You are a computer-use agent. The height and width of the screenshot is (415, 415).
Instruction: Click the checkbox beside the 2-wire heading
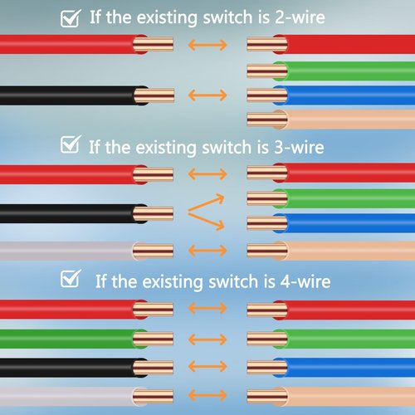(71, 18)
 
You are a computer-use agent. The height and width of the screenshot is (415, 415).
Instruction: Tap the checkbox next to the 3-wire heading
(71, 144)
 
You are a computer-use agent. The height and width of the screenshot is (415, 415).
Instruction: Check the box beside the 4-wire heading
(71, 278)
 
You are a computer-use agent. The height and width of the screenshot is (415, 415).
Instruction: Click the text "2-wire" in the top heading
(300, 17)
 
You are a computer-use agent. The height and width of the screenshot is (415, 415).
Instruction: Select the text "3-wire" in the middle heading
(299, 147)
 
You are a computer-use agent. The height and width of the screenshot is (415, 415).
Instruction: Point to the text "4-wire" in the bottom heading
(305, 281)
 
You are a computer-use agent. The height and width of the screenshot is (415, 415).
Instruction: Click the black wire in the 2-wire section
(87, 95)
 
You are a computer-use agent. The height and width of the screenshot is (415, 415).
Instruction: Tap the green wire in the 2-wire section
(331, 71)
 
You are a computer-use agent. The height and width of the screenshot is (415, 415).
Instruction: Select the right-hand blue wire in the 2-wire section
(331, 95)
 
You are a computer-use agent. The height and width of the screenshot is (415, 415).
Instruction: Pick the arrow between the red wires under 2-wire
(207, 45)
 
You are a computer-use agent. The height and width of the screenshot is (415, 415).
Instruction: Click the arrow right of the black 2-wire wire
(207, 95)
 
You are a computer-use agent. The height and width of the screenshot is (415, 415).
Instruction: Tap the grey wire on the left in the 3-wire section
(86, 251)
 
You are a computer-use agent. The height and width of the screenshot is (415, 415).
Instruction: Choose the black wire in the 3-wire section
(86, 213)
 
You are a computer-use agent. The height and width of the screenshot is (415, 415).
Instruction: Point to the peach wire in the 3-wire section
(331, 251)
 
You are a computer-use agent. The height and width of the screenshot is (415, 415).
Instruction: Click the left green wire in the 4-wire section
(86, 339)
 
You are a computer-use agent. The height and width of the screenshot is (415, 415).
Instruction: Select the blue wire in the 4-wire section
(331, 368)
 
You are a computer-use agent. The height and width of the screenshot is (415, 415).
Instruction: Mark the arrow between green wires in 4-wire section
(207, 339)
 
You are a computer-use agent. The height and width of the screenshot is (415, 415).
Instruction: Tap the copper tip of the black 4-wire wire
(154, 368)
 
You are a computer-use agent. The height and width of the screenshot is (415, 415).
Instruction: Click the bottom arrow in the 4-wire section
(207, 395)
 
